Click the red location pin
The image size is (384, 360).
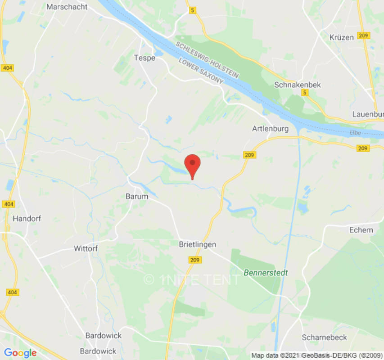pos(193,165)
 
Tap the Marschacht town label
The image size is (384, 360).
pos(67,7)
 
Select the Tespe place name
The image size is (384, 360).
pos(145,58)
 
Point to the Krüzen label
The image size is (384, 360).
pos(342,37)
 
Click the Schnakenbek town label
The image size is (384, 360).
pos(298,85)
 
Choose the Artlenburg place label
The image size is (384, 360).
pos(270,129)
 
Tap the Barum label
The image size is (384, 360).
pos(136,196)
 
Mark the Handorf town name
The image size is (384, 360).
pos(27,218)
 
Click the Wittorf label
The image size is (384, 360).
pos(86,248)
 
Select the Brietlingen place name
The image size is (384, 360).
pos(197,244)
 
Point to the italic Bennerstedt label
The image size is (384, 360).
pos(266,273)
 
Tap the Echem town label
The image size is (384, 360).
pos(361,230)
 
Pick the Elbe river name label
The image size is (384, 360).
pos(356,133)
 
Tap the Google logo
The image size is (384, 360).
pos(20,353)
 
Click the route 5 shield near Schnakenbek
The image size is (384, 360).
pos(305,92)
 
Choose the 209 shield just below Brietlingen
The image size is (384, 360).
pos(195,260)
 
